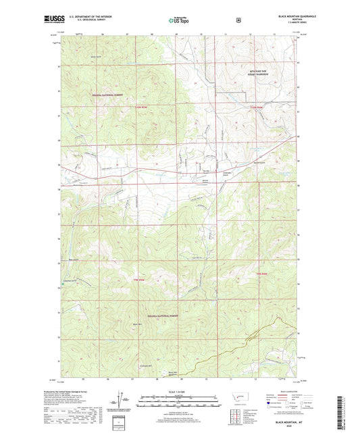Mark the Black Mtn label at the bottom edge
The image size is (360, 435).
[173, 373]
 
